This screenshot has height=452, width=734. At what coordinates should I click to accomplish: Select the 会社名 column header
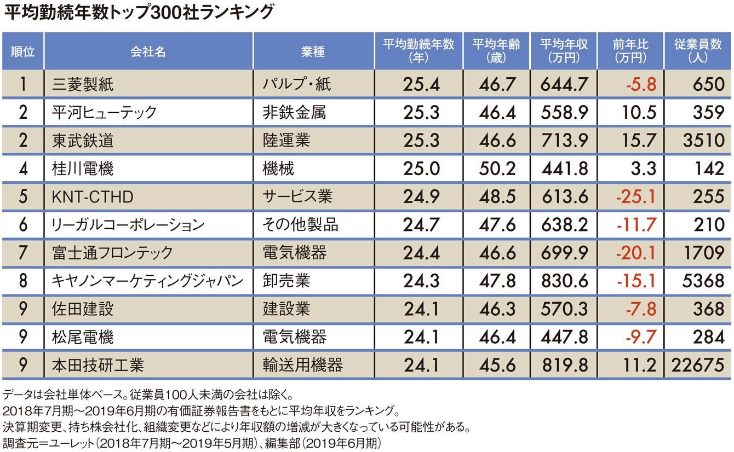(148, 51)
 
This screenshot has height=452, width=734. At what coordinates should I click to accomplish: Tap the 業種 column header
(313, 51)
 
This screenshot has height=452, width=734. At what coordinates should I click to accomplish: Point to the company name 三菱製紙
(83, 84)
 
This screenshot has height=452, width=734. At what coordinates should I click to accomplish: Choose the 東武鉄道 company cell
(83, 140)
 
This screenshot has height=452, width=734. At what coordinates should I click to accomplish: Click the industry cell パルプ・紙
(297, 84)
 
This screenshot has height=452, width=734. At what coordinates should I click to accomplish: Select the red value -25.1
(636, 196)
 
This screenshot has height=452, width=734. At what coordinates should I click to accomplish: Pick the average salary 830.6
(564, 281)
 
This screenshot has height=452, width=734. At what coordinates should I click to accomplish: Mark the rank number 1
(23, 84)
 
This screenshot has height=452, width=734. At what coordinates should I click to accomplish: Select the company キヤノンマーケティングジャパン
(146, 281)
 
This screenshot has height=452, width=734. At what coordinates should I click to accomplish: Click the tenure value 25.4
(421, 84)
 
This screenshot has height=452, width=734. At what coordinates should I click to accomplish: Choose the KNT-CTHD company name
(92, 196)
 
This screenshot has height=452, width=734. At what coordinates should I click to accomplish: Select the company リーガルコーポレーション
(127, 224)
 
